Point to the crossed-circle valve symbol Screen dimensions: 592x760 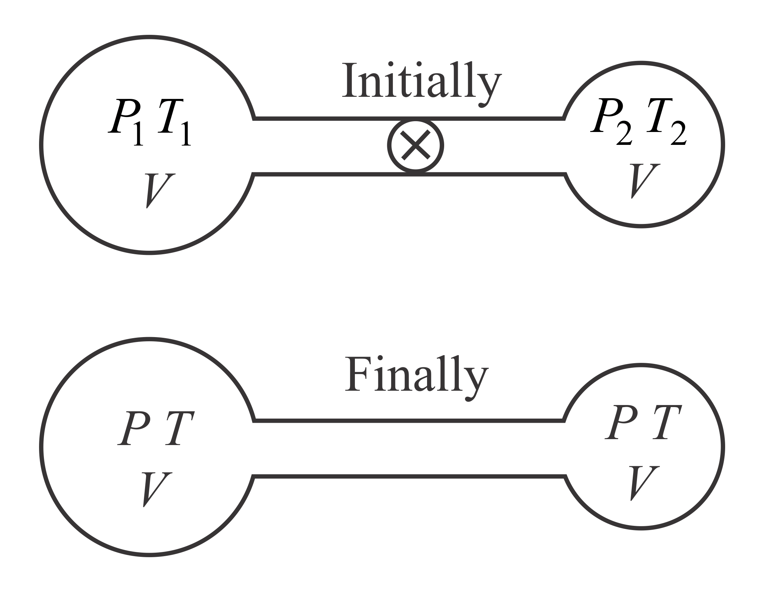(415, 145)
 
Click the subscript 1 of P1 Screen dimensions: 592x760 (138, 134)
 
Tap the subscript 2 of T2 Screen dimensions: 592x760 (678, 134)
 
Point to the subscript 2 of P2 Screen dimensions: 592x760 (624, 134)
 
